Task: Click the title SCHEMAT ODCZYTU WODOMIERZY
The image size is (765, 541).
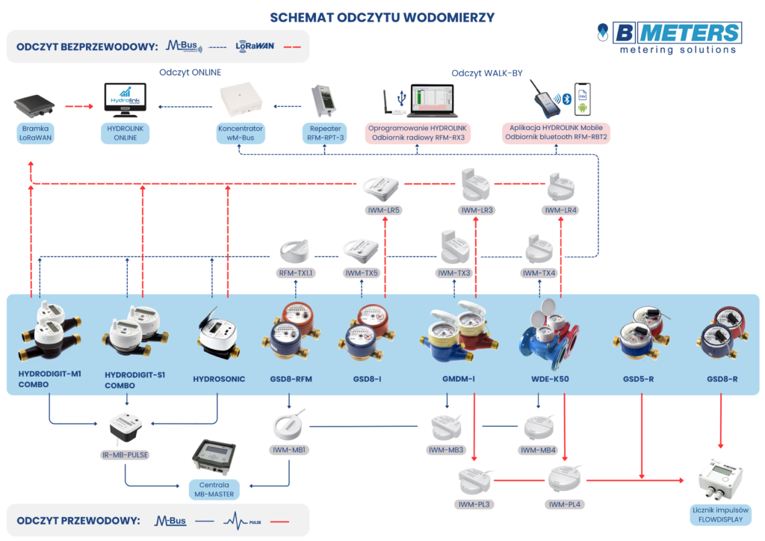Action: tap(382, 16)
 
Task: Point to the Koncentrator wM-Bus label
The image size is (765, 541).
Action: tap(241, 133)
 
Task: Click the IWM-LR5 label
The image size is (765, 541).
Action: tap(385, 210)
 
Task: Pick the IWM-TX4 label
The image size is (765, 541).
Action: tap(539, 273)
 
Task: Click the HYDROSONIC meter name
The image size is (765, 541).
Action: tap(219, 380)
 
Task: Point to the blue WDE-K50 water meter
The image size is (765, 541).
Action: tap(550, 340)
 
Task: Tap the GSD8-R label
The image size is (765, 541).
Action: tap(722, 380)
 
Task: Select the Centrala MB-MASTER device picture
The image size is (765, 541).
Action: tap(215, 457)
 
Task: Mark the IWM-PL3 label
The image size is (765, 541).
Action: tap(474, 504)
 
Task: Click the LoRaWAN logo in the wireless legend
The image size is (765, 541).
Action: tap(255, 46)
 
